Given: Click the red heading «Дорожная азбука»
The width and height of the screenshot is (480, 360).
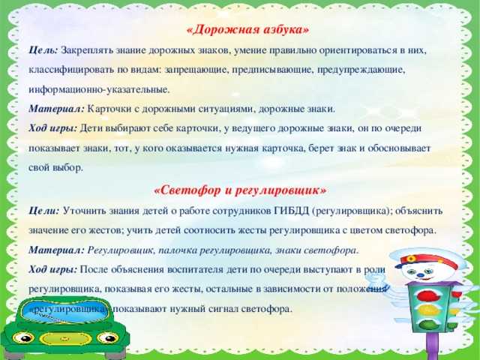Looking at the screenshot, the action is tap(248, 30).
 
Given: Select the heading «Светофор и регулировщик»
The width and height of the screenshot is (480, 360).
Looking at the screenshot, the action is tap(240, 190).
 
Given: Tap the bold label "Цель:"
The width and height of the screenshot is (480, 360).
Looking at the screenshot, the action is tap(43, 50).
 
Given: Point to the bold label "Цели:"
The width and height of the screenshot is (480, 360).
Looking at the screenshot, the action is tap(43, 211).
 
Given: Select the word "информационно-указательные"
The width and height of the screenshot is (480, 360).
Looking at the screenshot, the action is tap(99, 90).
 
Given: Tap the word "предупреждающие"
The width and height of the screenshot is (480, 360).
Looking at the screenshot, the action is tap(361, 70).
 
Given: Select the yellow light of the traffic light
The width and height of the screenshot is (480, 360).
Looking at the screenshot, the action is tap(429, 310).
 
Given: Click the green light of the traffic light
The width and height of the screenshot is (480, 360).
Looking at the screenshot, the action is tap(430, 324).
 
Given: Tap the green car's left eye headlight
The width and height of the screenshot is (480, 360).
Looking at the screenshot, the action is tap(23, 338).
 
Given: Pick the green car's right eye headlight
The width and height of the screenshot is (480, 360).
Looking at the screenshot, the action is tap(108, 338).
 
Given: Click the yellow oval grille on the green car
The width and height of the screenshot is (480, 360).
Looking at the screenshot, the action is tap(65, 338).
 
